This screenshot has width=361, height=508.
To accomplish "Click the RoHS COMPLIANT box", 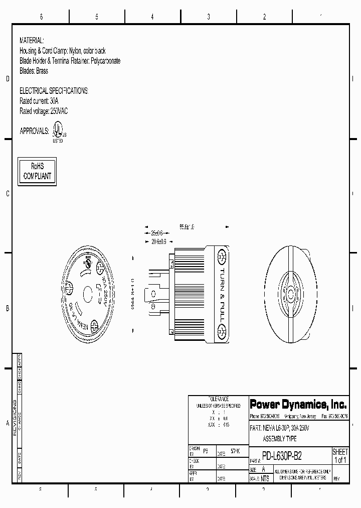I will point(37,171).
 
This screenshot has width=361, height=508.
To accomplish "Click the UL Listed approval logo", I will point(58,133).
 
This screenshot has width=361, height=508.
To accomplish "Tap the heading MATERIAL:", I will point(32,40).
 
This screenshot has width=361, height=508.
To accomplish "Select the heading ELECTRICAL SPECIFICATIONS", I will point(54,91).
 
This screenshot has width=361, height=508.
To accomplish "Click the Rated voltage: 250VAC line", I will point(43,111).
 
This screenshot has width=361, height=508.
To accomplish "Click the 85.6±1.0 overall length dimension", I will point(187,227).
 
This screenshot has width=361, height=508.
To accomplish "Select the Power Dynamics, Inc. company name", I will point(298,405).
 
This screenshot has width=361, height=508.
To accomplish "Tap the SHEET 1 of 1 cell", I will point(340,456).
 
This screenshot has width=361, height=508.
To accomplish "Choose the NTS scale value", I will point(265,479).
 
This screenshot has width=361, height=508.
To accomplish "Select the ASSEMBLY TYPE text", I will point(280,439).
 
